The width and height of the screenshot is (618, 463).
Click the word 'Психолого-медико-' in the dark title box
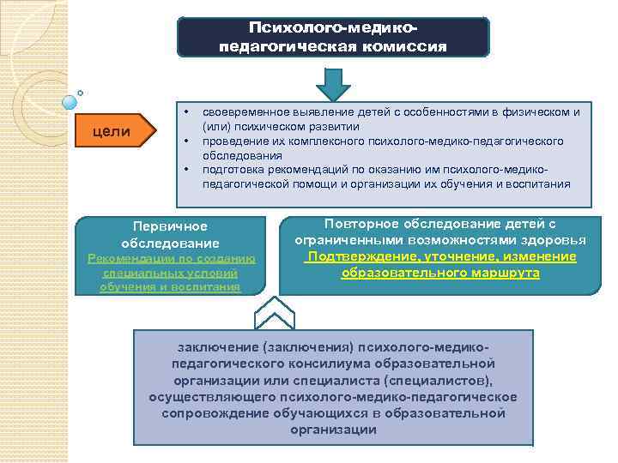[x=333, y=28]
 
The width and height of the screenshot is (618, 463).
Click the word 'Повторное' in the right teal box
[x=357, y=224]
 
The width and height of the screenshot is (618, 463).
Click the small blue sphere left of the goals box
[x=68, y=103]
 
